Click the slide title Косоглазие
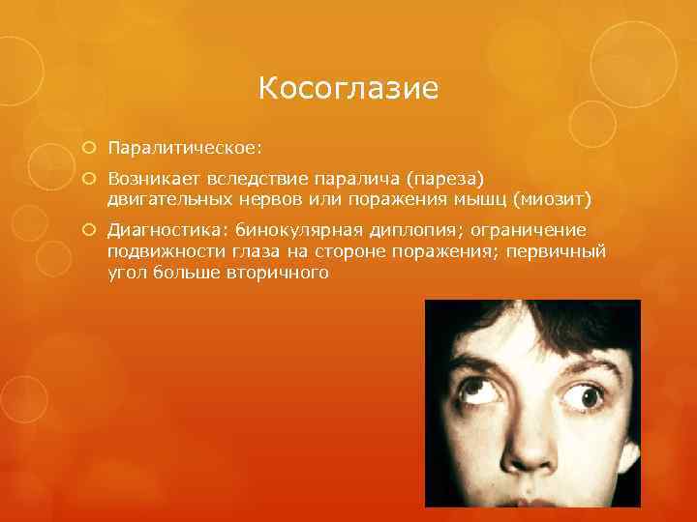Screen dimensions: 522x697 [x=348, y=90]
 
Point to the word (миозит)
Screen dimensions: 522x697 [x=557, y=199]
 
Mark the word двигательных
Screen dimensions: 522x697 [x=165, y=199]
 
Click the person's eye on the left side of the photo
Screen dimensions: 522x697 [x=481, y=391]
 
